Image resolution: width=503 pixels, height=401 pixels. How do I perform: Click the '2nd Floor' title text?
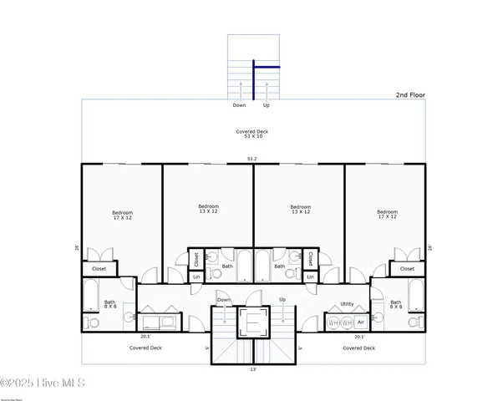410,95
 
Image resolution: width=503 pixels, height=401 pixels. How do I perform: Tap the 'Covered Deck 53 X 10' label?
251,135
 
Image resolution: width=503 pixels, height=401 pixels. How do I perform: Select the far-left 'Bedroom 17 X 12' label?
122,216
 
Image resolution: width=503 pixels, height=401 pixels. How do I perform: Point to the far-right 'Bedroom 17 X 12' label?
386,215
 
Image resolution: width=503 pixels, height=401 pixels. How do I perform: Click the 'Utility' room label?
348,304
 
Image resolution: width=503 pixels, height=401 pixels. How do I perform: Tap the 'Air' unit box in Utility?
361,322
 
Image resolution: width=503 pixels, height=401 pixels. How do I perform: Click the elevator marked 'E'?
251,321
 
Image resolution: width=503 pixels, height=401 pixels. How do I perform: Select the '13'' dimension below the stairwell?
252,368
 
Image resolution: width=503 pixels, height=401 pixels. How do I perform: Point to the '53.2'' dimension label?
251,159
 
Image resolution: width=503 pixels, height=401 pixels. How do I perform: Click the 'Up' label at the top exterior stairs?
267,106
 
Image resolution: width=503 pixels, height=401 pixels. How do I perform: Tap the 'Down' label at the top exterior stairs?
240,106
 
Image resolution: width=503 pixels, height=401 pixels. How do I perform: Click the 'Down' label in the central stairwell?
224,299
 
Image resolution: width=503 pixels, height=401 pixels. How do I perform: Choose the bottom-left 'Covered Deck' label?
145,348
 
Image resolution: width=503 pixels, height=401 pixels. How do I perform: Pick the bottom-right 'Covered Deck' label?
358,348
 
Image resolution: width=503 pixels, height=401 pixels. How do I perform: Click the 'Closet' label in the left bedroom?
99,269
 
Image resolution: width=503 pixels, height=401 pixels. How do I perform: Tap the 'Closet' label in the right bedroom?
407,269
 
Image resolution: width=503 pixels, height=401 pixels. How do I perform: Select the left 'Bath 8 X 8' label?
109,305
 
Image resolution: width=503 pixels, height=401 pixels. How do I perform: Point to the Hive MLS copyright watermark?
43,383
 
